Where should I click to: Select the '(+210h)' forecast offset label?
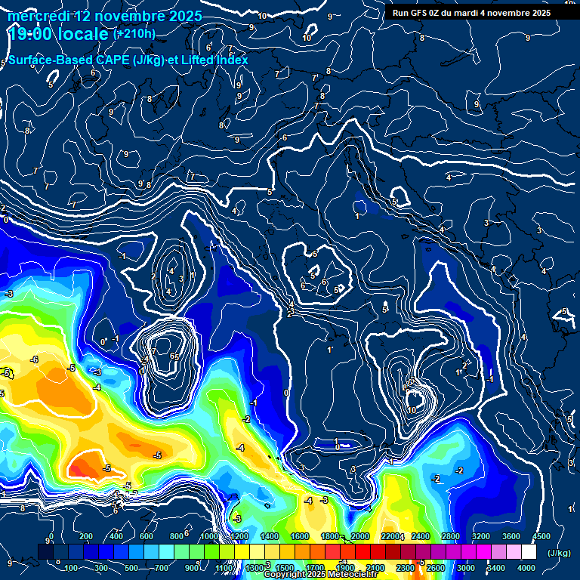[x=134, y=34]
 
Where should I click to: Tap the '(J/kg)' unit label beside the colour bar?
[x=558, y=554]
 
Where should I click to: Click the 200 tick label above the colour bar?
[x=85, y=537]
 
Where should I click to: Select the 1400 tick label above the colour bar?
[x=270, y=537]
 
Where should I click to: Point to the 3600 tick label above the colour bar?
[x=511, y=537]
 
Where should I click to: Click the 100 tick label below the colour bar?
[x=72, y=568]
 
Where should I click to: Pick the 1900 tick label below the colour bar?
[x=345, y=568]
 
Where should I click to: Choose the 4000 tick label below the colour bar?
[x=527, y=568]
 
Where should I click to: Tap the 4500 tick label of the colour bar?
[x=541, y=537]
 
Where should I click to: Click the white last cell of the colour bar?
[x=529, y=553]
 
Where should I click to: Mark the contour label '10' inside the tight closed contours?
[x=412, y=409]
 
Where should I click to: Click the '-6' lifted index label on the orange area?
[x=34, y=359]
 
